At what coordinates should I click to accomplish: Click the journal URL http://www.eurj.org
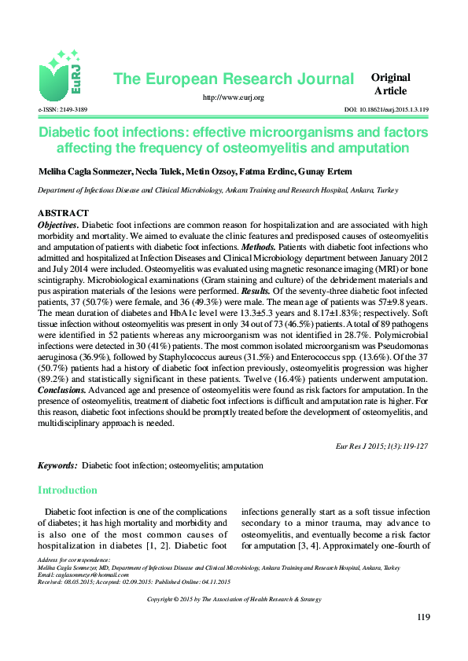tap(233, 97)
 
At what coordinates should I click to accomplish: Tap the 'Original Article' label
tap(391, 84)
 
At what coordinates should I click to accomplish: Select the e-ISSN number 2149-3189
tap(62, 109)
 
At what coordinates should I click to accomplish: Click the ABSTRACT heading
tap(63, 214)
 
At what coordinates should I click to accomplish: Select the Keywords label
tap(57, 466)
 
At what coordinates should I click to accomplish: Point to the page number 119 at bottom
tap(422, 617)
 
